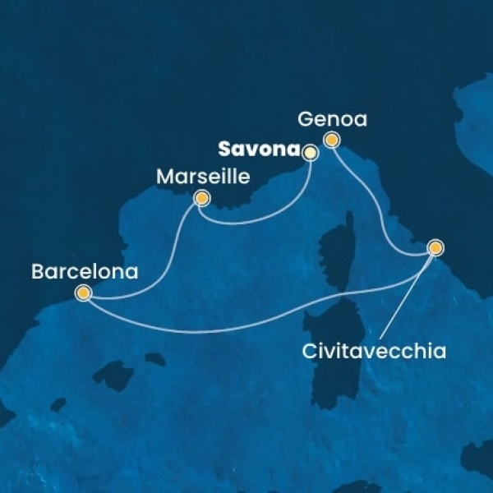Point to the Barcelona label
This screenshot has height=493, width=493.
[84, 270]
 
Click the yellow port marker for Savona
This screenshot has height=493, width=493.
[310, 152]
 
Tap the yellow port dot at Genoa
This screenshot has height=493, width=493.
[331, 140]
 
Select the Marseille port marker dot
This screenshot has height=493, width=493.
[200, 198]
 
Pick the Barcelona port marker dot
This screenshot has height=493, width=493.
[82, 292]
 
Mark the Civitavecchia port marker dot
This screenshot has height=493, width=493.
[435, 246]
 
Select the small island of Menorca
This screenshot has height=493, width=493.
[154, 359]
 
